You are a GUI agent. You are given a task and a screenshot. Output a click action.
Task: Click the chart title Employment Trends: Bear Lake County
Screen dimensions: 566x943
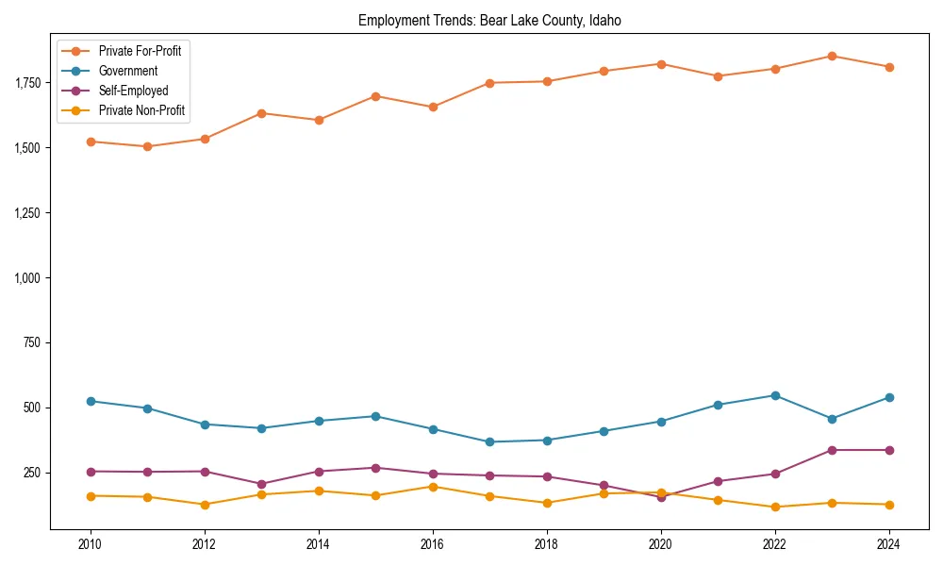(489, 20)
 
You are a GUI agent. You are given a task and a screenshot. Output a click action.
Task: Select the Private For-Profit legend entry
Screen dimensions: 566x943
(140, 51)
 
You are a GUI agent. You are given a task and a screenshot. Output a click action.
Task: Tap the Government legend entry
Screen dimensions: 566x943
(127, 71)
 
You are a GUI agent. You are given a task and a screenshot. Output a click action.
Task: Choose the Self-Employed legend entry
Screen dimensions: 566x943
(133, 91)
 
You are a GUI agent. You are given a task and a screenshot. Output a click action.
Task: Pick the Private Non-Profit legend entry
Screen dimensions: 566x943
(141, 110)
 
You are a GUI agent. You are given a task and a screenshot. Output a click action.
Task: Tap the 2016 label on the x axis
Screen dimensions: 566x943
(433, 544)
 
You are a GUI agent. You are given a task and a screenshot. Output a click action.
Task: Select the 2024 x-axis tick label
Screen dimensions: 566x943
(888, 544)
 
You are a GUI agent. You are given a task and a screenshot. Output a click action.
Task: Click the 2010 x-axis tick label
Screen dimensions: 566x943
(91, 544)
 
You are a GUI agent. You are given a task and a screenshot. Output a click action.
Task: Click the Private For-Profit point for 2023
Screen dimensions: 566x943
(832, 56)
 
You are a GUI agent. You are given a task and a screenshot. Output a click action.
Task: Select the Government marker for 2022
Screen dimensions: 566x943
(775, 395)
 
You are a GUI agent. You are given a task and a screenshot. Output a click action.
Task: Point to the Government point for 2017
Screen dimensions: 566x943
(489, 441)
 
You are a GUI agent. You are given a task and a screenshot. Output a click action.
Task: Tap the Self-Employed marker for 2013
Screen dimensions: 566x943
(261, 484)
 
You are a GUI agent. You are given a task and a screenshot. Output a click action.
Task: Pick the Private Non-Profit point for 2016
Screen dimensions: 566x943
(433, 487)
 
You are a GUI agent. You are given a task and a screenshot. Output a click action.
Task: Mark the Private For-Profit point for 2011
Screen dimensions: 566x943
(148, 146)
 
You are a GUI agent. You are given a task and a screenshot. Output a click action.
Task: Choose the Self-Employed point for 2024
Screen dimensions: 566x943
(888, 450)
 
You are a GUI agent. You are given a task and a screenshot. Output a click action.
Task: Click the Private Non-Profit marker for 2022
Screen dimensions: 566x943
(775, 507)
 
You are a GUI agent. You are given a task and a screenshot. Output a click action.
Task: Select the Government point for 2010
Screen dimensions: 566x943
(91, 401)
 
